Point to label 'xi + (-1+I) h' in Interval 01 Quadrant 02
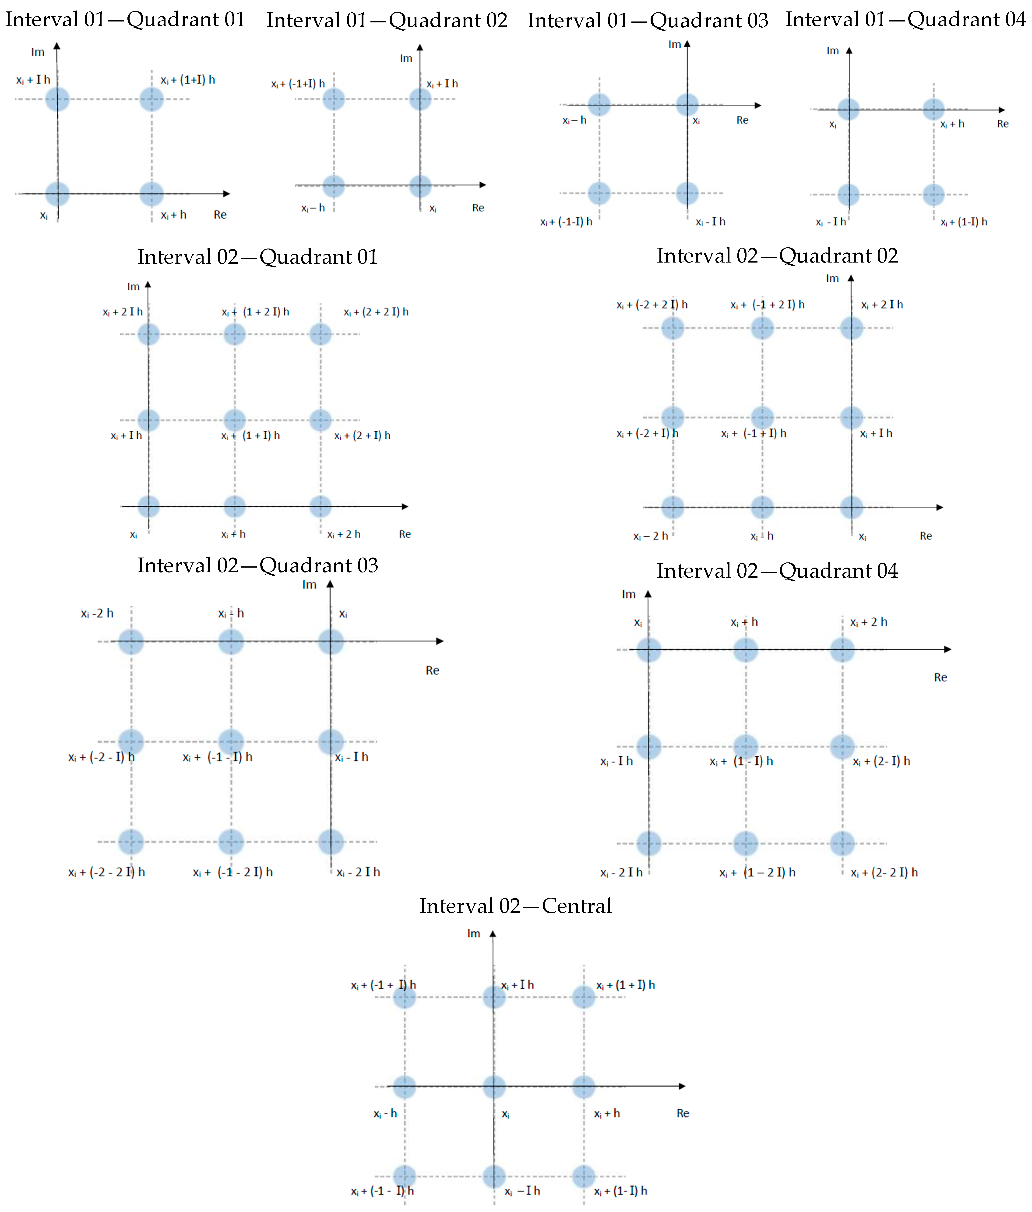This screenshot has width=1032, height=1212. (x=298, y=84)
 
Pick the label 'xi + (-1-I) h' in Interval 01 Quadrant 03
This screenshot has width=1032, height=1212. (x=566, y=222)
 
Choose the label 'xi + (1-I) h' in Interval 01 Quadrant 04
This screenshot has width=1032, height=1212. (x=964, y=222)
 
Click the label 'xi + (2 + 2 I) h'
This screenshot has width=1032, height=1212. (x=376, y=312)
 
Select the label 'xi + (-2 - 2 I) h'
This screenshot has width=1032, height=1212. (x=106, y=872)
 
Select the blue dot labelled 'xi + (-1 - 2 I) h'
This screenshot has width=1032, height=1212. (x=231, y=842)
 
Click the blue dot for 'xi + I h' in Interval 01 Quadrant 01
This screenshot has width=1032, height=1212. (x=57, y=99)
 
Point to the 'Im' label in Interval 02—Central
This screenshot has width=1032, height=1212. (x=474, y=934)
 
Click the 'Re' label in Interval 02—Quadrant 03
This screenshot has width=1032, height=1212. (x=432, y=670)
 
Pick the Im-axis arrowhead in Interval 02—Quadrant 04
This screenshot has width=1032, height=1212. (x=648, y=594)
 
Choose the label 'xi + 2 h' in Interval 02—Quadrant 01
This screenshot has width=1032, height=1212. (x=344, y=534)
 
